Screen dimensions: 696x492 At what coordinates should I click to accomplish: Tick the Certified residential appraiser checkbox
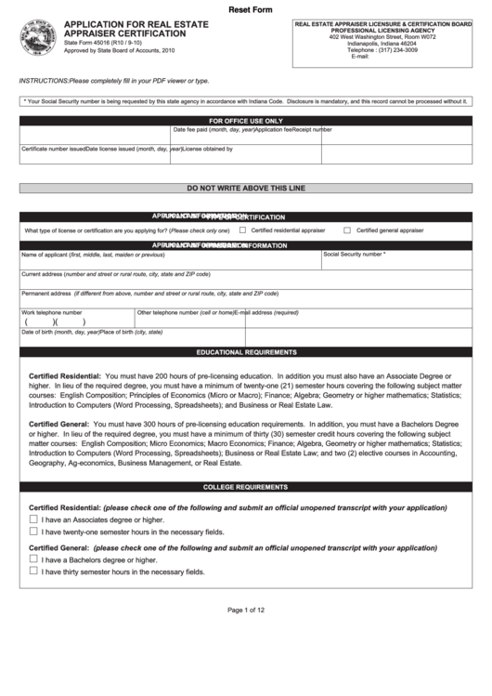243,230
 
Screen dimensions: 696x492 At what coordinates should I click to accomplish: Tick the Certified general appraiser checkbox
347,230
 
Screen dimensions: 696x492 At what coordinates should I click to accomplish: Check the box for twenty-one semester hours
33,532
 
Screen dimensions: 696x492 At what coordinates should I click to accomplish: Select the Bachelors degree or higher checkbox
33,559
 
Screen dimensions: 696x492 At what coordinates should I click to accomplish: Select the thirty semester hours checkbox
33,572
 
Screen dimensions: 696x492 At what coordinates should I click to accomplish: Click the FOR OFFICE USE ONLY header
246,121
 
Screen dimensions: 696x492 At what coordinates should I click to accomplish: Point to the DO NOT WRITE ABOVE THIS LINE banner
246,188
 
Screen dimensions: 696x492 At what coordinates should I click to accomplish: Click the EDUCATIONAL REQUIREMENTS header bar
246,353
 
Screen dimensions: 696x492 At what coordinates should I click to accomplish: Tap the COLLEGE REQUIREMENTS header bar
246,487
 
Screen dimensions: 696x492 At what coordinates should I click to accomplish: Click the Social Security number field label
354,254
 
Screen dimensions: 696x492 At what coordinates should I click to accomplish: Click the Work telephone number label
52,312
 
